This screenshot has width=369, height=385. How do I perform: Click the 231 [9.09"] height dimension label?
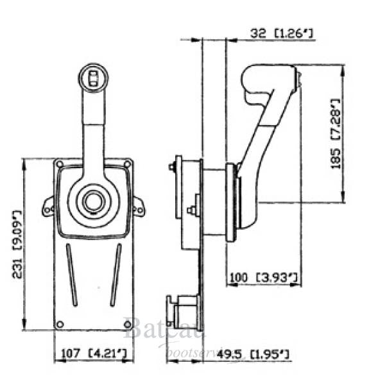[17, 244]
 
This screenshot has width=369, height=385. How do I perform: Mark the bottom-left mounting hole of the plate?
[60, 324]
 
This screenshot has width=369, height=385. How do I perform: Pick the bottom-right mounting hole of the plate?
[127, 324]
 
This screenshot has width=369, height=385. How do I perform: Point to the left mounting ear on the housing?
[47, 207]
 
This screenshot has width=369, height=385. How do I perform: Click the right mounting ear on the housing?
[139, 207]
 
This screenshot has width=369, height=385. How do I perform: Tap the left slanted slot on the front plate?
[71, 276]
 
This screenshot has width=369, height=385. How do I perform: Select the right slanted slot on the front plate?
[116, 276]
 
